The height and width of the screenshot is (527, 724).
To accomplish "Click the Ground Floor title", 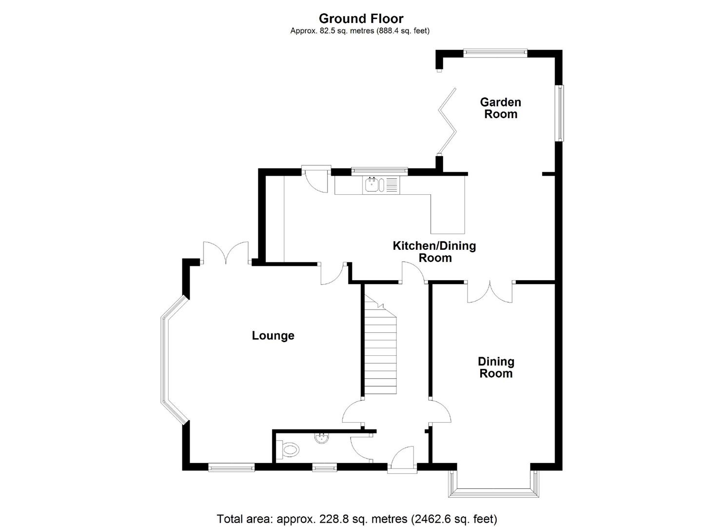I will [361, 19].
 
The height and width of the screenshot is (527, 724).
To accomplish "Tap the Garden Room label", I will [500, 108].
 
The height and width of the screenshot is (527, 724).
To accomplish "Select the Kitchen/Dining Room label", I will [434, 252].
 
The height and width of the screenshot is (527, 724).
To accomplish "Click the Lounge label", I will [273, 336].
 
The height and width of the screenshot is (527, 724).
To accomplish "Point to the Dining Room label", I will [496, 367].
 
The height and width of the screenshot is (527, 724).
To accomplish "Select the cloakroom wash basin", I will [321, 438].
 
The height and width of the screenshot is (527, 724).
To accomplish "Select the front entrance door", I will [403, 461].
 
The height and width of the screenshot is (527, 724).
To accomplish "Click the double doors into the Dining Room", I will [490, 292].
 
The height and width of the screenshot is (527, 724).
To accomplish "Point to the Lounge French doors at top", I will [226, 253].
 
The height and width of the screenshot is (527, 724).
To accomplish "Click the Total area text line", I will [357, 518].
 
